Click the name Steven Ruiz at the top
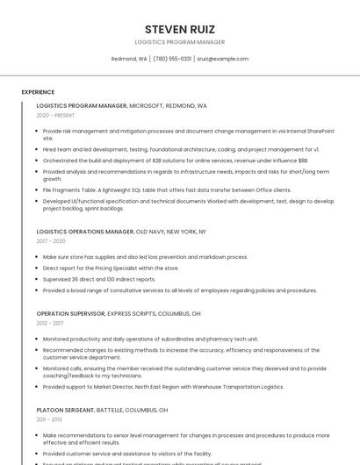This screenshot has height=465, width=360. coord(179,29)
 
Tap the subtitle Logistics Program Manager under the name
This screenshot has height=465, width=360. coord(179,42)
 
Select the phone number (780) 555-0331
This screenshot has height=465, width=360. coord(172,59)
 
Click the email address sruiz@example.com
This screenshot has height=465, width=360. coord(222,59)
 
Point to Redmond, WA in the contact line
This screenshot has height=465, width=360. coord(129,59)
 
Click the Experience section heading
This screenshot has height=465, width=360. coord(38,92)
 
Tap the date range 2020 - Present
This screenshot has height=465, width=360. coord(56,115)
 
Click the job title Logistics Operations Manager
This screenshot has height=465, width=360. coord(85,232)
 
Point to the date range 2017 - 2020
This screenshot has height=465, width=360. coord(51,241)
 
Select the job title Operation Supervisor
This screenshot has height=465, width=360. coord(70,313)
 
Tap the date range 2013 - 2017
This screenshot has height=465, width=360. coord(50,323)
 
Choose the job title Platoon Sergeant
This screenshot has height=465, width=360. coord(65,410)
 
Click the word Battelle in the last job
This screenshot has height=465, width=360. coord(112,410)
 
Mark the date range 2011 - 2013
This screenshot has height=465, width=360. coord(49,419)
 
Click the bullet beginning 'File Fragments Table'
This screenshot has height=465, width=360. coord(167,190)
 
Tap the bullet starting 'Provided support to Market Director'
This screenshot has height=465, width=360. coord(163,386)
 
